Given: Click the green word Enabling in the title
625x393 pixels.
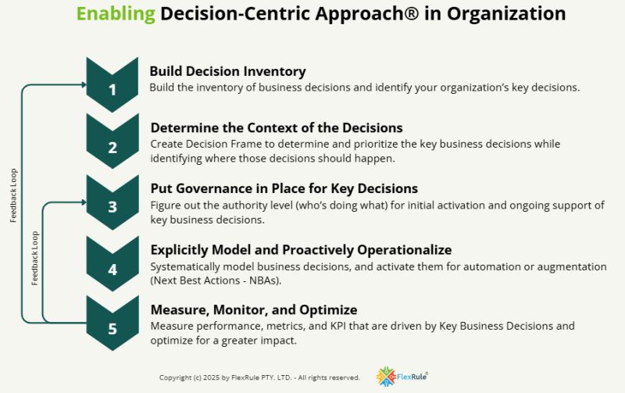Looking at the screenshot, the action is pyautogui.click(x=116, y=14).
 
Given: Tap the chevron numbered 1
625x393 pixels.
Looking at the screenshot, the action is pyautogui.click(x=112, y=85).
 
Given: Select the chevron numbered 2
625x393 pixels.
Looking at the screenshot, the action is pyautogui.click(x=112, y=141).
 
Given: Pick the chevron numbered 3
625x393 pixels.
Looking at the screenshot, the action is pyautogui.click(x=112, y=202).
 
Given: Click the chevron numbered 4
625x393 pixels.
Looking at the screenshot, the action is pyautogui.click(x=112, y=264).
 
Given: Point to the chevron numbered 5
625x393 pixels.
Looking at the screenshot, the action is pyautogui.click(x=112, y=323).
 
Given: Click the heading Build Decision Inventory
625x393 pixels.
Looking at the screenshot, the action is pyautogui.click(x=227, y=71).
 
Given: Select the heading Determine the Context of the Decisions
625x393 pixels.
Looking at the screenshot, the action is pyautogui.click(x=277, y=128).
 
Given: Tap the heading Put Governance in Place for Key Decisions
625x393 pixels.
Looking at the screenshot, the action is pyautogui.click(x=284, y=188).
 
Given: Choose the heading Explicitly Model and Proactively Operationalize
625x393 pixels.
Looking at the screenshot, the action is pyautogui.click(x=301, y=250).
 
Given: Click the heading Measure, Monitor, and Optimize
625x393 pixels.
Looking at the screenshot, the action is pyautogui.click(x=254, y=309).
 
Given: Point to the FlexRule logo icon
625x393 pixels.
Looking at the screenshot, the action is pyautogui.click(x=386, y=377).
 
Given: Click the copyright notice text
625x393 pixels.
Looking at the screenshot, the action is pyautogui.click(x=259, y=377).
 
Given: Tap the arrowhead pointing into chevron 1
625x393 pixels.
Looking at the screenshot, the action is pyautogui.click(x=84, y=84).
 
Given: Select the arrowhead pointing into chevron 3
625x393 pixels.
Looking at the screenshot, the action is pyautogui.click(x=84, y=202).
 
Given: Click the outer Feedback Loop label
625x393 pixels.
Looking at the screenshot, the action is pyautogui.click(x=13, y=195).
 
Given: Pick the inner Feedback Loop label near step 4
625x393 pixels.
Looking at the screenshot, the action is pyautogui.click(x=35, y=259).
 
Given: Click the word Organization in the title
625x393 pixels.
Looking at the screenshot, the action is pyautogui.click(x=506, y=14).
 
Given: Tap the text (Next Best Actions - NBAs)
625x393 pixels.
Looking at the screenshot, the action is pyautogui.click(x=216, y=280).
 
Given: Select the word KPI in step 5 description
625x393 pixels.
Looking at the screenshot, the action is pyautogui.click(x=338, y=326).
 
